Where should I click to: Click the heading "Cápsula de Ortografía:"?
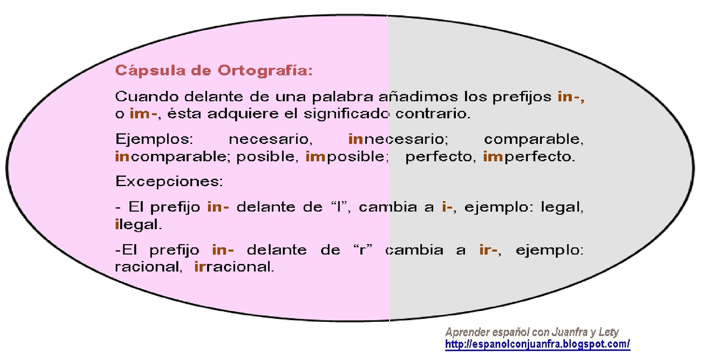[214, 71]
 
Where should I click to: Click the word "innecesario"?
[398, 139]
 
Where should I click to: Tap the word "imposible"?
[347, 157]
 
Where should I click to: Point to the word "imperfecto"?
[529, 157]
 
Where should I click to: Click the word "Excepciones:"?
[169, 181]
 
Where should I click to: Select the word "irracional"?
[234, 267]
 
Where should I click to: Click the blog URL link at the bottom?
[537, 344]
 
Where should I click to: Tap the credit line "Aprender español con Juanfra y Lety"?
[532, 332]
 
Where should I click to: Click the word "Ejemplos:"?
[154, 139]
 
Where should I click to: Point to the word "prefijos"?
[522, 97]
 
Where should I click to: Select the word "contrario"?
[433, 114]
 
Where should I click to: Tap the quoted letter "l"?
[339, 206]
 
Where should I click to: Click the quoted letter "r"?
[362, 250]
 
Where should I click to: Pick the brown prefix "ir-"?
[488, 250]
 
